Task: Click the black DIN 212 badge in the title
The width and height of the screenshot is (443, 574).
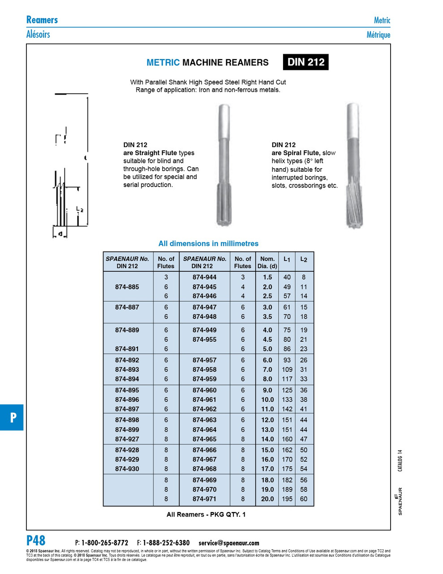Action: coord(305,62)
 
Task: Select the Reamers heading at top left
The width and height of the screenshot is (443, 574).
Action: coord(42,20)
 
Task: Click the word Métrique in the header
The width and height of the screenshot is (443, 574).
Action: coord(378,35)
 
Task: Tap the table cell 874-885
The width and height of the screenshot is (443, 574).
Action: coord(127,287)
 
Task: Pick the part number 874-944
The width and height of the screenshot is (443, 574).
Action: coord(204,277)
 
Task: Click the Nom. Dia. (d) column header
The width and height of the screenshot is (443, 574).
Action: coord(267,262)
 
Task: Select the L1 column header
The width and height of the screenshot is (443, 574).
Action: coord(287,259)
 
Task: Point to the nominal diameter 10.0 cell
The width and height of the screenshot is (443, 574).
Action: coord(267,400)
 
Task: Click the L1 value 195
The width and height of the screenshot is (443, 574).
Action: coord(287,499)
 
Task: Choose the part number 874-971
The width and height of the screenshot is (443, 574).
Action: coord(204,499)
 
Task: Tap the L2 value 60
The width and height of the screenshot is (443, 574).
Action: coord(304,499)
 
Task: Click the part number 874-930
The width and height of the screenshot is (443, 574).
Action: coord(127,469)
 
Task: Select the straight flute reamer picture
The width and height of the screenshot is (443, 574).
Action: coord(223,165)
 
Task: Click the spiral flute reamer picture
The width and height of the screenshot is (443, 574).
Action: coord(353,165)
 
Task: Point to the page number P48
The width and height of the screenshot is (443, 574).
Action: coord(36,540)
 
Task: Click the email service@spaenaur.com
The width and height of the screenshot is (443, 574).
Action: coord(228,543)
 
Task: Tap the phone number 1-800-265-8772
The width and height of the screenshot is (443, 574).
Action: coord(104,543)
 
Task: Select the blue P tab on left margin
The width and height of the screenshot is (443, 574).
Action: coord(12,417)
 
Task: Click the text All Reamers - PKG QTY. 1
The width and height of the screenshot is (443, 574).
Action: coord(206,514)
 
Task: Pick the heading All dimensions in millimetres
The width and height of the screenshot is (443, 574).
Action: coord(208,244)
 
